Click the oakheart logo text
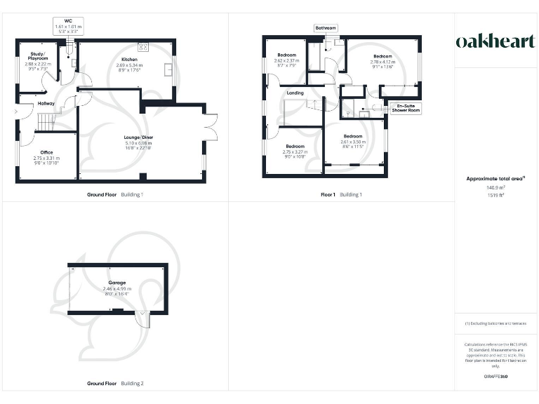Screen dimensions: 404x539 [495, 41]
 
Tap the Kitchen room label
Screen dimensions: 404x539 [129, 60]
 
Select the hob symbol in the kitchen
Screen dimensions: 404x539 [143, 47]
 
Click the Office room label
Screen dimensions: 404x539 [47, 152]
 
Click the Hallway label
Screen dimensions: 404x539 [46, 104]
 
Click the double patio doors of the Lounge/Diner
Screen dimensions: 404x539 [208, 127]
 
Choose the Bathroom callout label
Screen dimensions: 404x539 [326, 28]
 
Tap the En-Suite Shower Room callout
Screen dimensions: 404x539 [406, 108]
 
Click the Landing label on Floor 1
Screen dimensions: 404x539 [295, 93]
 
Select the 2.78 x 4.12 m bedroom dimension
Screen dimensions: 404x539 [382, 62]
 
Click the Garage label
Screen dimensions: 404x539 [117, 283]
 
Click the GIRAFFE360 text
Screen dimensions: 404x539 [495, 377]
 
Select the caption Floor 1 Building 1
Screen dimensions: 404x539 [341, 194]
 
